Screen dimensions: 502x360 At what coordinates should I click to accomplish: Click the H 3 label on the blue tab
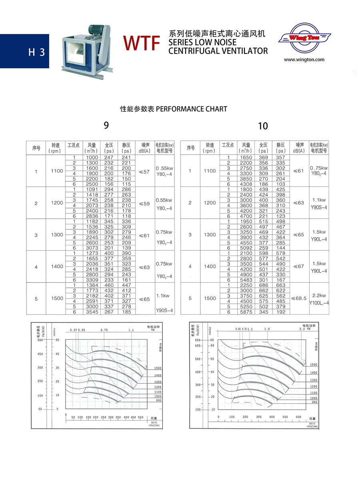[x=36, y=52]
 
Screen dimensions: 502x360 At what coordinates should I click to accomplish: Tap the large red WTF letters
[x=142, y=43]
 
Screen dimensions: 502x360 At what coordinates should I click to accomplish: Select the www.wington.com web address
[x=304, y=60]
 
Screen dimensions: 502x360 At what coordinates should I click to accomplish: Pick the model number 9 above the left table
[x=106, y=125]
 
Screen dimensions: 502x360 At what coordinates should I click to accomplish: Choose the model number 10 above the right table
[x=263, y=126]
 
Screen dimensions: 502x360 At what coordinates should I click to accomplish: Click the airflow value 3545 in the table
[x=92, y=311]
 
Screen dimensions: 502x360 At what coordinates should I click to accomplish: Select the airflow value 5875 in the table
[x=246, y=312]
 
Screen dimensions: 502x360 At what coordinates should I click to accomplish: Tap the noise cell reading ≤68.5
[x=299, y=298]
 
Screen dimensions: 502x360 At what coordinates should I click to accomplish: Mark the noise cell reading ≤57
[x=144, y=171]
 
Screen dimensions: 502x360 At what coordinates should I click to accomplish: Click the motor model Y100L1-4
[x=319, y=303]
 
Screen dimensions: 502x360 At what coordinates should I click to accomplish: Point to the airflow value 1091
[x=92, y=189]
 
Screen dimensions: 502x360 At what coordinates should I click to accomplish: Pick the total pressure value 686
[x=263, y=285]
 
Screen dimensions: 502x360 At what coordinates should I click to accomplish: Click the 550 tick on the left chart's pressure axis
[x=40, y=340]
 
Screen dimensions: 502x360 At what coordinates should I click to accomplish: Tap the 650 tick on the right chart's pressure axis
[x=198, y=340]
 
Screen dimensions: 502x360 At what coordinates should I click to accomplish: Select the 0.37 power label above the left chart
[x=73, y=330]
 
